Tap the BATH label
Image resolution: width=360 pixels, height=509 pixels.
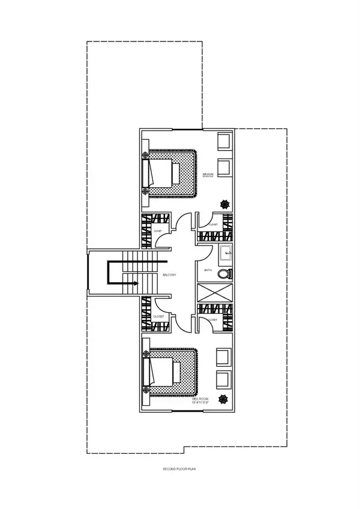point(208,271)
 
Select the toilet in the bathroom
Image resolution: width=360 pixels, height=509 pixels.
point(224,274)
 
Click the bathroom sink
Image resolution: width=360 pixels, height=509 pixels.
point(226,253)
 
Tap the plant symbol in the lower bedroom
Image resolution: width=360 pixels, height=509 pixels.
point(224,398)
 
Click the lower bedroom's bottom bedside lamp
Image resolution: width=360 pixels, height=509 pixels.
point(145,391)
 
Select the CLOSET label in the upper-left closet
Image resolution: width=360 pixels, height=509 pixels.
point(157,230)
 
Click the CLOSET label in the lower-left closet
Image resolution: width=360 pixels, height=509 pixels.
point(158,316)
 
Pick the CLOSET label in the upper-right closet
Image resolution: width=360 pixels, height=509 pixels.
point(214,225)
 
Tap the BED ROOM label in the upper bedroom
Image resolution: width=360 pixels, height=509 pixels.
point(208,173)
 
